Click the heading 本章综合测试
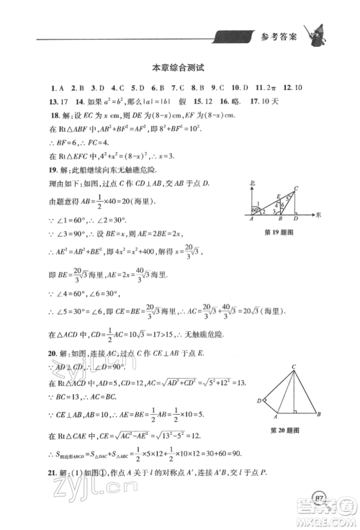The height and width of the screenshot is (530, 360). click(x=179, y=68)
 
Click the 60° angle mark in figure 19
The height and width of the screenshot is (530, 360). click(x=254, y=211)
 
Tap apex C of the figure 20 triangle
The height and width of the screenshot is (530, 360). click(x=294, y=367)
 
